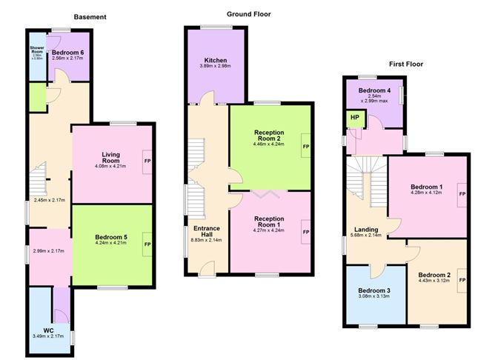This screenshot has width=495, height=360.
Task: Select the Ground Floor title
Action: [248, 13]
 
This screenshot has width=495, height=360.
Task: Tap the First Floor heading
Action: [406, 64]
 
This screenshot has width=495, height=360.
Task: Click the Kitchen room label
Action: [216, 60]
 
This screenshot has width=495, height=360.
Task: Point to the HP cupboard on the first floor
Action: [354, 117]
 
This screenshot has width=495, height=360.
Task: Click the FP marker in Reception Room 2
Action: [305, 147]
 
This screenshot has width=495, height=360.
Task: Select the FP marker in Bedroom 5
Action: [147, 243]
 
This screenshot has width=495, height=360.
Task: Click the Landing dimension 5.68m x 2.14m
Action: [366, 236]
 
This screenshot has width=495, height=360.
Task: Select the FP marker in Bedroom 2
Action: [462, 281]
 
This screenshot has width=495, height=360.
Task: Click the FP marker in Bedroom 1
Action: [462, 193]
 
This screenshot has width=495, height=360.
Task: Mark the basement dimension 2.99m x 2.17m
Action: [49, 250]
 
